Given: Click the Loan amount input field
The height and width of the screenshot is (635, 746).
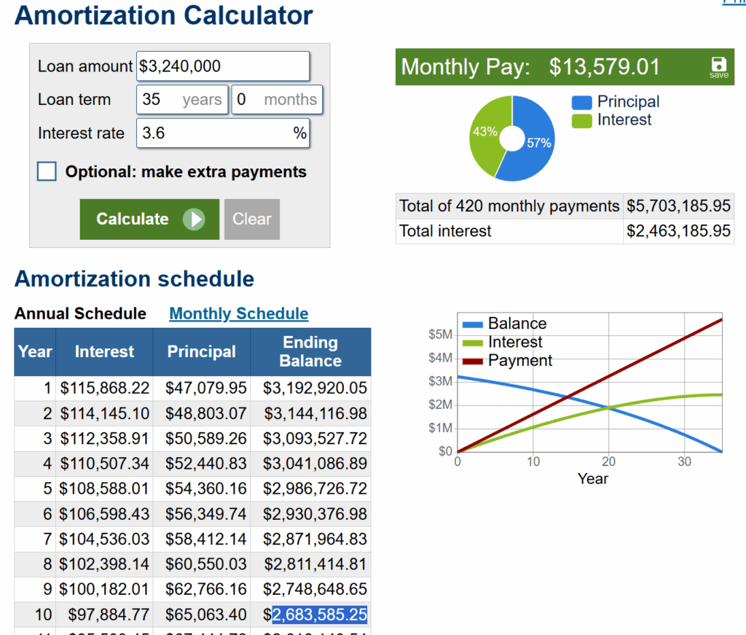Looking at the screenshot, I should [x=223, y=66].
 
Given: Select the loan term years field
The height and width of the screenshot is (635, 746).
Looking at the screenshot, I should [x=181, y=100].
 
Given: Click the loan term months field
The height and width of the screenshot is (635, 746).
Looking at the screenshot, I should [x=277, y=100].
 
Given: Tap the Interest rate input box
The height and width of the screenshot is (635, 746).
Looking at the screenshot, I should [x=223, y=133].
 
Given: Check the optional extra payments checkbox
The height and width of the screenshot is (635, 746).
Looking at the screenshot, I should [x=47, y=172].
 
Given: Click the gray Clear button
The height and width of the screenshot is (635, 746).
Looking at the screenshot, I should [x=251, y=219].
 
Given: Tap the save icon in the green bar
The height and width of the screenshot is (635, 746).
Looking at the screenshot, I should [x=718, y=66].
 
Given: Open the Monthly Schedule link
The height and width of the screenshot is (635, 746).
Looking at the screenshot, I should [x=239, y=313].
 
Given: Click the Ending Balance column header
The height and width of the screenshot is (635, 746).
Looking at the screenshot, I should [x=310, y=351].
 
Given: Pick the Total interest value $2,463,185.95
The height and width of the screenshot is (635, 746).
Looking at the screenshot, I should [x=678, y=231].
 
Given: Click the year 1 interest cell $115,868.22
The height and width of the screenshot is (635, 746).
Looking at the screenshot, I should [x=105, y=388].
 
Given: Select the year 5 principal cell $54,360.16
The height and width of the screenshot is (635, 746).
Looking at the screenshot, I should [x=202, y=488].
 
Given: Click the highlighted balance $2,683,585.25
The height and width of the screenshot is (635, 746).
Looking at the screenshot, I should [x=319, y=615].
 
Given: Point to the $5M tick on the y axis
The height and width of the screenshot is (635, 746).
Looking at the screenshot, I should [x=441, y=335].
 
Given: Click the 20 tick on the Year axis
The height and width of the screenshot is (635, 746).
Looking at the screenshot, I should [x=608, y=461].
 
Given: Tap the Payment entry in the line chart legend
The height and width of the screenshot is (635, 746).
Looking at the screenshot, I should [x=519, y=360].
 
